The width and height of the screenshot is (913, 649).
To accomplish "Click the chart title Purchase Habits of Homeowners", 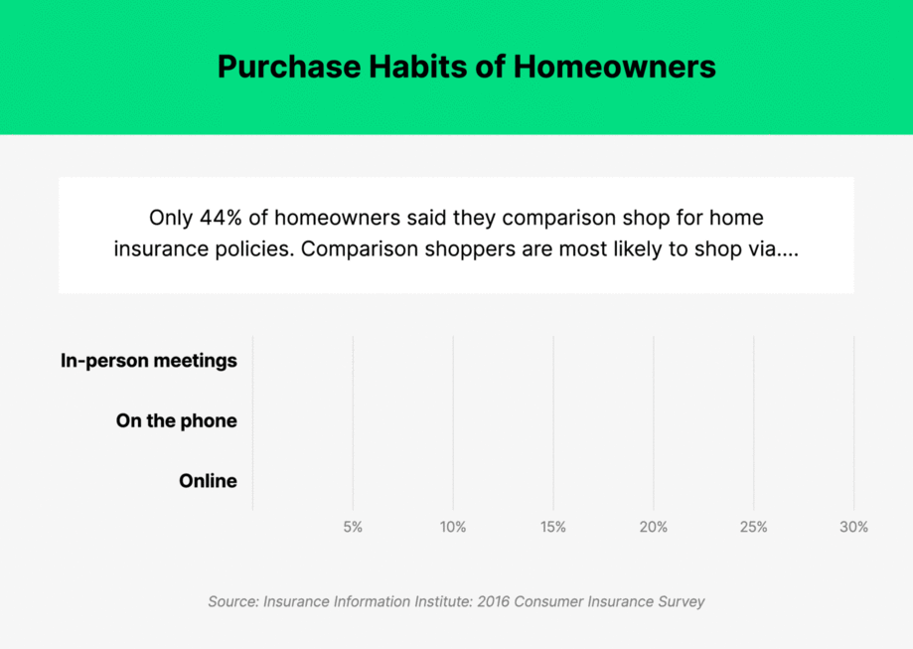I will click(x=466, y=67).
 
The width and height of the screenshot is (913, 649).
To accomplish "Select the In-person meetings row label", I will click(x=149, y=361).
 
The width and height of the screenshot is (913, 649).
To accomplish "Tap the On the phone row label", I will click(x=176, y=420).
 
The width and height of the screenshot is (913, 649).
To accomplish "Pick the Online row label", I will click(x=208, y=481).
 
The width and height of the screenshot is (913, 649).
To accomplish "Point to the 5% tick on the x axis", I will click(x=353, y=527).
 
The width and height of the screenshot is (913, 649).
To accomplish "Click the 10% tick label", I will click(x=453, y=527).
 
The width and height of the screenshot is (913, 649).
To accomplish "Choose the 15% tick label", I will click(x=553, y=527).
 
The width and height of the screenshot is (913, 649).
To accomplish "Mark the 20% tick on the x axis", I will click(x=653, y=527).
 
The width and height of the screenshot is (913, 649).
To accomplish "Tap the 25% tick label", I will click(x=753, y=527).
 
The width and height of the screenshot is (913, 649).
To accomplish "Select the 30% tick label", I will click(x=853, y=527).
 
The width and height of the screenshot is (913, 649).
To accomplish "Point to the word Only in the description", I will click(x=169, y=217).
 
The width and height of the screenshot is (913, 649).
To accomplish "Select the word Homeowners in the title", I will click(x=614, y=67).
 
